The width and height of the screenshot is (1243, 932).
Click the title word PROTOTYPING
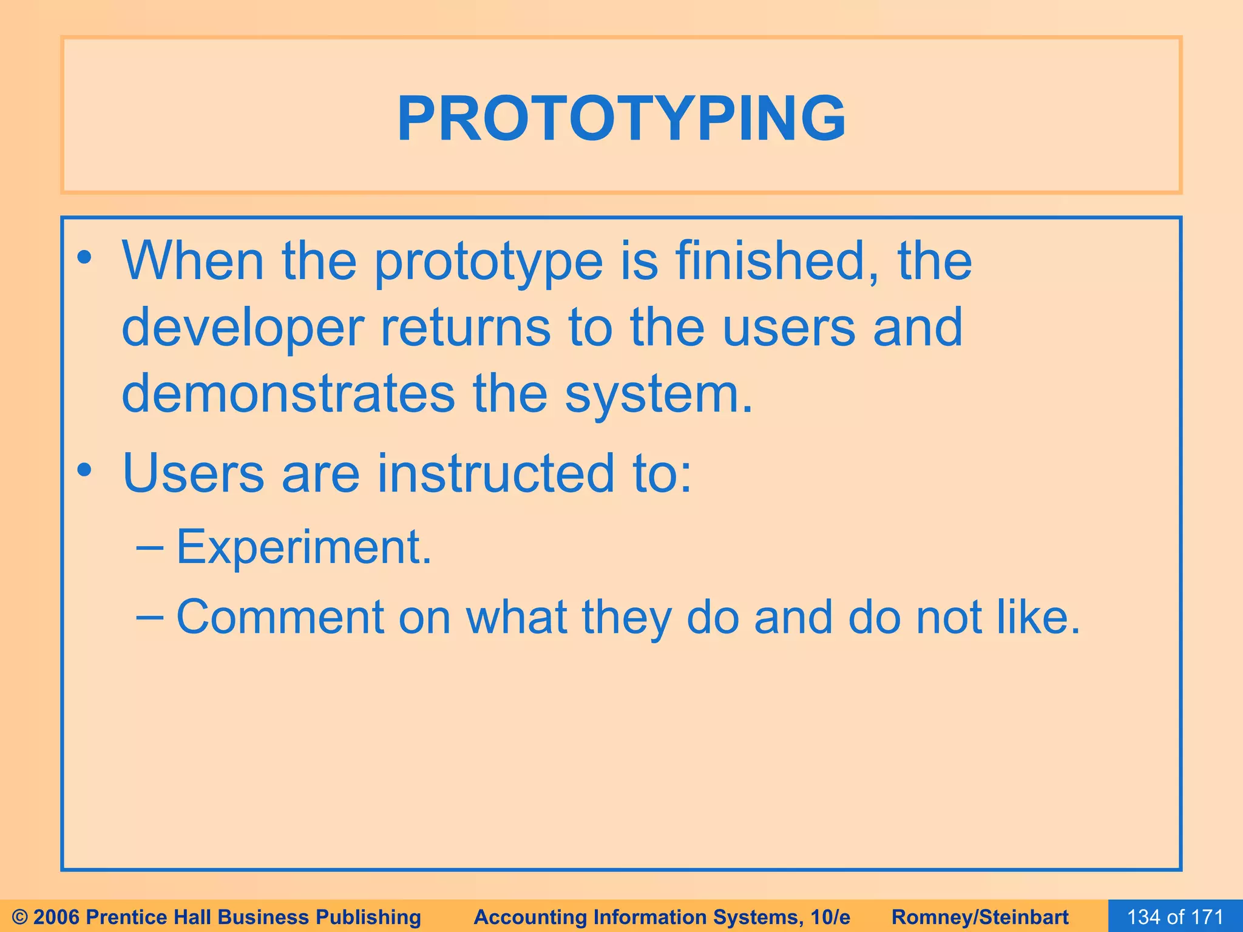(621, 118)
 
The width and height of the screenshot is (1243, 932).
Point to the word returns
(466, 328)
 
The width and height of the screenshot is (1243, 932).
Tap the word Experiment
(303, 548)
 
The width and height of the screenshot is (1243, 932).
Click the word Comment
(280, 618)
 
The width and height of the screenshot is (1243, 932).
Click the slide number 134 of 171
(1175, 917)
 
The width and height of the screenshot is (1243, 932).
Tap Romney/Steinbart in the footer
(980, 917)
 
